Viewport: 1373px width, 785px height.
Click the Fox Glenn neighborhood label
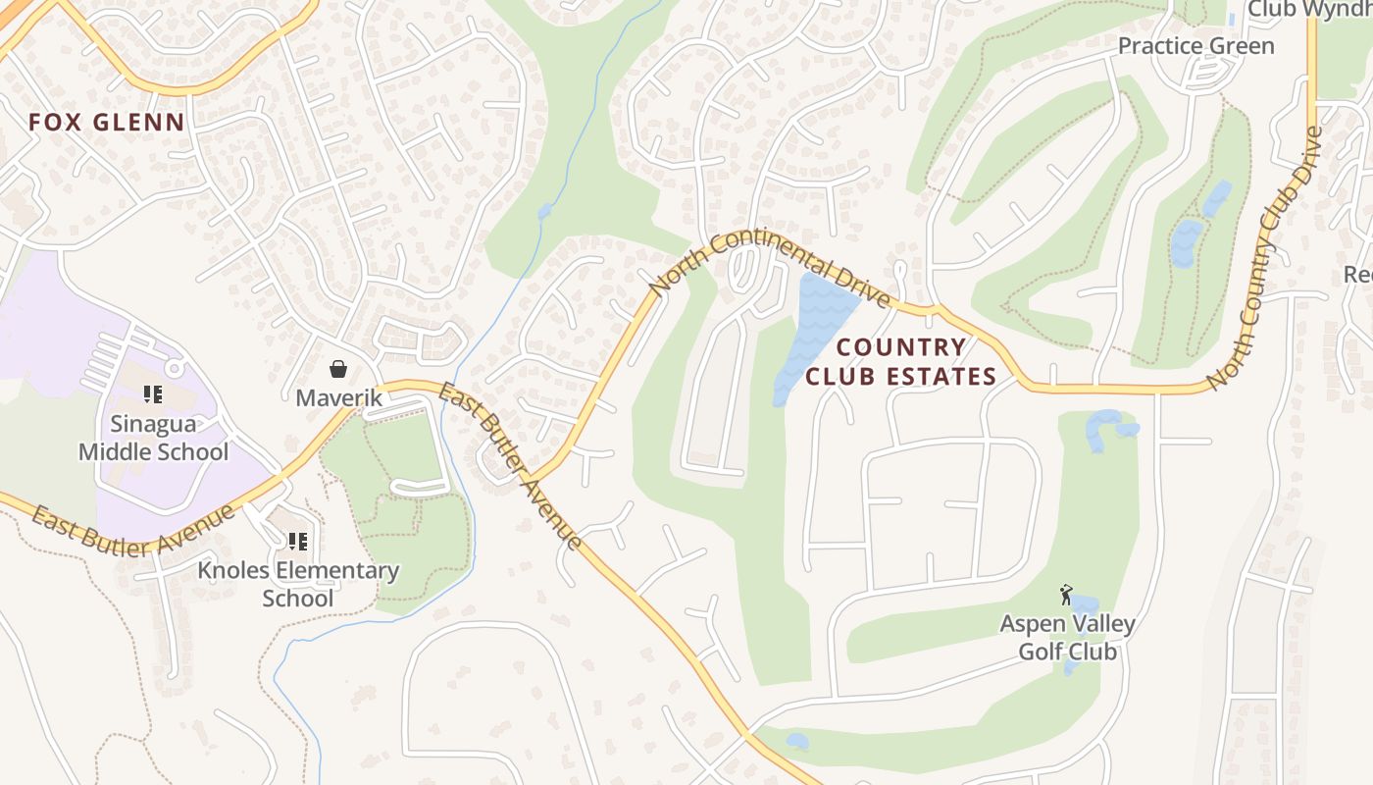106,123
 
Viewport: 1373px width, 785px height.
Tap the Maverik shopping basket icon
338,369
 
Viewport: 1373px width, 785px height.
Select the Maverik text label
338,398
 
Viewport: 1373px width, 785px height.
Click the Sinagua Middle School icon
152,394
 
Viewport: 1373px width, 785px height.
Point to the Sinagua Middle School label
153,438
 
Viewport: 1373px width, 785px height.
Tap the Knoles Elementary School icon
298,541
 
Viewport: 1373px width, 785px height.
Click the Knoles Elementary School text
298,584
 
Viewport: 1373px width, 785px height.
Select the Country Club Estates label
900,361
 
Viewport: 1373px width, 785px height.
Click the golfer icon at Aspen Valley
1066,594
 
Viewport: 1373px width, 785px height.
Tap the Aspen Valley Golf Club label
1067,637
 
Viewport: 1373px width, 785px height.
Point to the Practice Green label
1195,46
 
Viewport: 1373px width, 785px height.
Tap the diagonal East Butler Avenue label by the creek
509,465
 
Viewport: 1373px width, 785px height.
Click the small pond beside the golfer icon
1085,602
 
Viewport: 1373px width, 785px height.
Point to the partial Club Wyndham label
1309,9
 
